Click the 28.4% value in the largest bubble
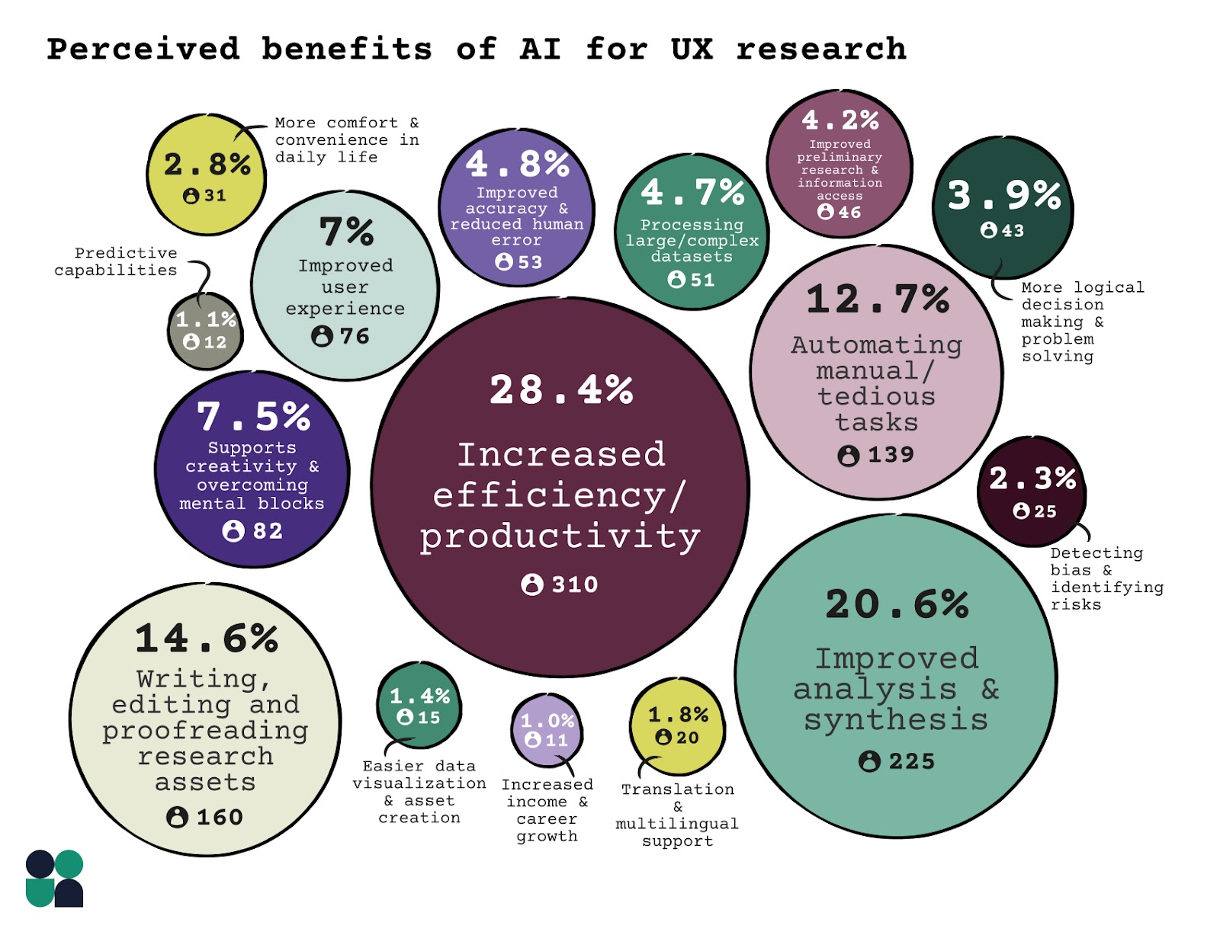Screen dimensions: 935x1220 click(x=561, y=390)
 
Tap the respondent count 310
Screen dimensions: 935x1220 click(x=575, y=584)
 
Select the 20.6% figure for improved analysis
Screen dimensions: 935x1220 click(x=897, y=605)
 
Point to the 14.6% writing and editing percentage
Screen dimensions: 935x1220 click(x=206, y=639)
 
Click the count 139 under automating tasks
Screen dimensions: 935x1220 click(x=891, y=455)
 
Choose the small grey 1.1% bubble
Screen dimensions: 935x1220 click(x=205, y=331)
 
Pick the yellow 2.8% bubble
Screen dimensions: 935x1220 click(x=207, y=175)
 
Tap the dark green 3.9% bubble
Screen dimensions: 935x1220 click(x=1003, y=208)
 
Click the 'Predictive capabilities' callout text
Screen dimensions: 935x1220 click(x=116, y=261)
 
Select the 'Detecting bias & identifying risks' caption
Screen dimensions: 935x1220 click(x=1106, y=578)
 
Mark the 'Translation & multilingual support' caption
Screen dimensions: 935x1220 click(x=677, y=815)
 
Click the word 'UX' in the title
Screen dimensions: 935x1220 click(x=692, y=50)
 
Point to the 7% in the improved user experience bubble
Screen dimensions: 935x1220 click(x=346, y=232)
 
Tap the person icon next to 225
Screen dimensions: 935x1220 click(x=869, y=761)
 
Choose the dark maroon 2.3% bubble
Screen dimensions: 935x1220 click(x=1032, y=492)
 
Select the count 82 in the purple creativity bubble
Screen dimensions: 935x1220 click(x=268, y=530)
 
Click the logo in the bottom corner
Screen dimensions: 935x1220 click(x=54, y=879)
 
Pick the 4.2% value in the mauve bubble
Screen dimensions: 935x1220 click(x=840, y=120)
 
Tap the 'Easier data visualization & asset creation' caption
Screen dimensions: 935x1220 click(x=419, y=792)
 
